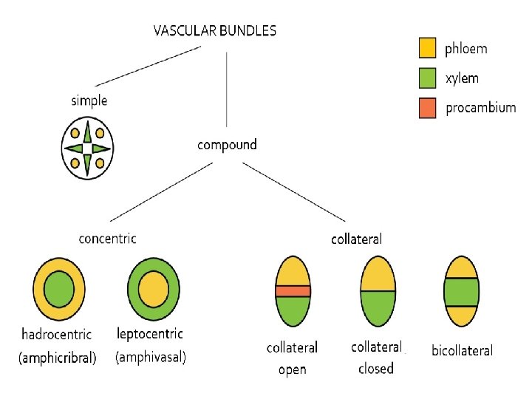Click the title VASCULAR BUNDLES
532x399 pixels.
[x=215, y=31]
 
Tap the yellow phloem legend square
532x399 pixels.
[x=428, y=49]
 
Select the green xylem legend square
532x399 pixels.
[x=428, y=78]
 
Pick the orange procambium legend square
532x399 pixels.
[x=428, y=108]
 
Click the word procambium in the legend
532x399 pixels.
[x=480, y=108]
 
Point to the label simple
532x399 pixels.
[x=89, y=101]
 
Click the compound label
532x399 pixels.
[x=227, y=144]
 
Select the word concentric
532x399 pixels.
[x=107, y=238]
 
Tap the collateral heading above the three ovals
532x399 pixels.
[x=356, y=239]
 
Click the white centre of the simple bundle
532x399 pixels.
[x=88, y=149]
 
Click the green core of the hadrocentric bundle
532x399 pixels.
[x=59, y=287]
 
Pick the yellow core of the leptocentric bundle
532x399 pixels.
[x=153, y=287]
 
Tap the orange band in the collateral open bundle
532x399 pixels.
[x=293, y=291]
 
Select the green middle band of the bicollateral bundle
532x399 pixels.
[x=462, y=291]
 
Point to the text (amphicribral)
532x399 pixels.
[x=58, y=358]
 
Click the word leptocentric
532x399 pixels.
[x=150, y=335]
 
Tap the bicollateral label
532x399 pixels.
[x=462, y=350]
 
